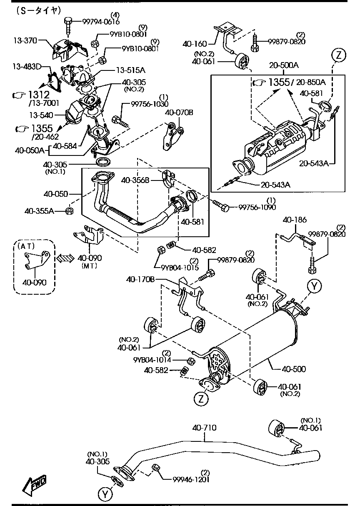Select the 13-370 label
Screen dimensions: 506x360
coord(25,40)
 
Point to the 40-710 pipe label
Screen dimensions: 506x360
coord(204,428)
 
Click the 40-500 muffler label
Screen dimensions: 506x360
coord(294,369)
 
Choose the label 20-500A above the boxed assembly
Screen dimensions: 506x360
coord(284,65)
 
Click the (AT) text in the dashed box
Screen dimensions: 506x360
coord(26,246)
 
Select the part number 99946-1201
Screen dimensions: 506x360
coord(191,479)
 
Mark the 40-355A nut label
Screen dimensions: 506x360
coord(39,211)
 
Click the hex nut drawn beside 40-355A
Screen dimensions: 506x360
coord(70,210)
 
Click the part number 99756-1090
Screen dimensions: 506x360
coord(257,207)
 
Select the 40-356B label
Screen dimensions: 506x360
coord(135,180)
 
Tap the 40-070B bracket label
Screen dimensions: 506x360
coord(179,113)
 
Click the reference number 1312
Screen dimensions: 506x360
coord(38,95)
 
